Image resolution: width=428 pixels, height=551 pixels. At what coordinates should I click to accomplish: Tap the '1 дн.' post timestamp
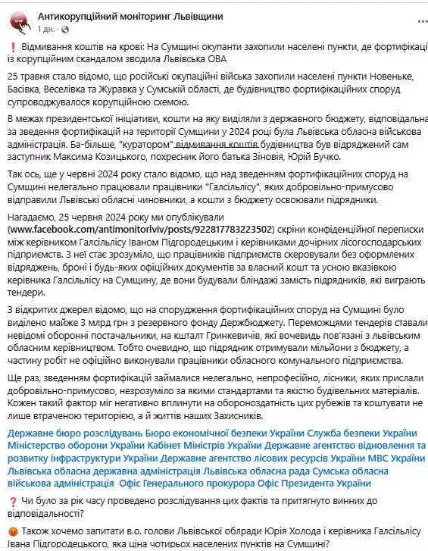45,28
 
